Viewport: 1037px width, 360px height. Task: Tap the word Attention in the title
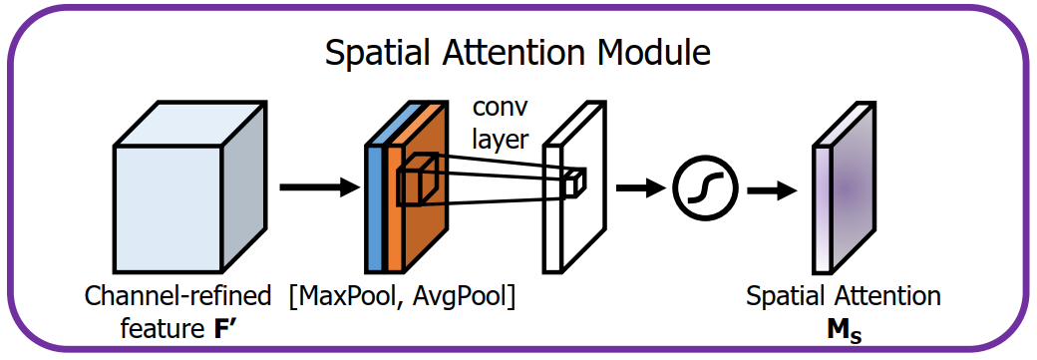(514, 52)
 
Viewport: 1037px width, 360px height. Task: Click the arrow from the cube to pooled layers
(318, 186)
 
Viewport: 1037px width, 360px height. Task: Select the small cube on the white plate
(574, 182)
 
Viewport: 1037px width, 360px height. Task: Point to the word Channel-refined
(177, 297)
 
